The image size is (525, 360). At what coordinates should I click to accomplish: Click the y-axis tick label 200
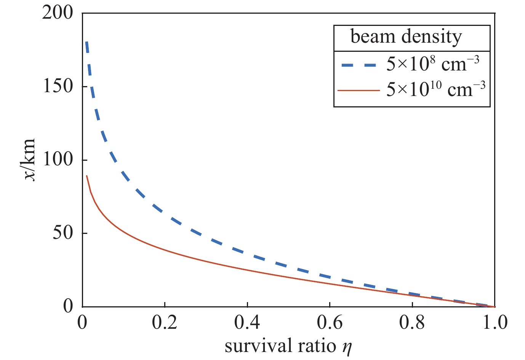(x=57, y=13)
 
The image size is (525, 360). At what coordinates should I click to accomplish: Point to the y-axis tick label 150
(x=57, y=87)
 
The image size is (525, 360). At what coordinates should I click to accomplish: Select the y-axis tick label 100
(x=57, y=160)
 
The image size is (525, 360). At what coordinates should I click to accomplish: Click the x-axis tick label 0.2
(x=164, y=323)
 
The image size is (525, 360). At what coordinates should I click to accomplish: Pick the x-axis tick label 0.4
(x=247, y=323)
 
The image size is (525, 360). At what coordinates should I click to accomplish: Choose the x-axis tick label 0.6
(x=330, y=323)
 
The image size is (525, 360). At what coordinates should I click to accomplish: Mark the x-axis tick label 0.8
(x=412, y=323)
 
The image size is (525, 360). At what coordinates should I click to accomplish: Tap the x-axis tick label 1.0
(x=494, y=323)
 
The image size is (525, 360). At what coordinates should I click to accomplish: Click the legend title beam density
(x=406, y=37)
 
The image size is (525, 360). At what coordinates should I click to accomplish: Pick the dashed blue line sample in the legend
(x=358, y=65)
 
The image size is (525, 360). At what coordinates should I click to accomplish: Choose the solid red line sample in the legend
(x=358, y=90)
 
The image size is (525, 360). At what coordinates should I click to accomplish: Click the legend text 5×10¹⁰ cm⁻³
(x=435, y=90)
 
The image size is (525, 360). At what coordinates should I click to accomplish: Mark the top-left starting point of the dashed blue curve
(x=86, y=42)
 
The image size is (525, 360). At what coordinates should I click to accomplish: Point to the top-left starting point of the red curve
(x=87, y=176)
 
